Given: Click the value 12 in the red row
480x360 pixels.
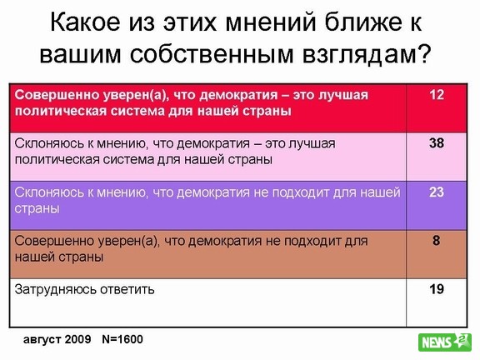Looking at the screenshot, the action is [437, 95].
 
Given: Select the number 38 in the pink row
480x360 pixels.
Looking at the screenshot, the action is [437, 143].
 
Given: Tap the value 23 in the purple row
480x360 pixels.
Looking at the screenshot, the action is [437, 192].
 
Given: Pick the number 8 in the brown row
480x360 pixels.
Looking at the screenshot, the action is [437, 241].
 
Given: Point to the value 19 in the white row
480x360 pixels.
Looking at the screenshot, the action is [437, 289].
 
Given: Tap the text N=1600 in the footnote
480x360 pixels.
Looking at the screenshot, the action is [122, 339].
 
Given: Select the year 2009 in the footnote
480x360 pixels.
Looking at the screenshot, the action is [77, 339].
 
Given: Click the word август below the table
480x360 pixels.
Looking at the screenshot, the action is [42, 340].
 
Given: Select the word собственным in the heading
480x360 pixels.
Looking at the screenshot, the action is [212, 55].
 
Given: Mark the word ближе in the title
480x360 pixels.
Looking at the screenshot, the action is [363, 22].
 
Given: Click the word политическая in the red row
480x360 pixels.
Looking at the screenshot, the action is [60, 111].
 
